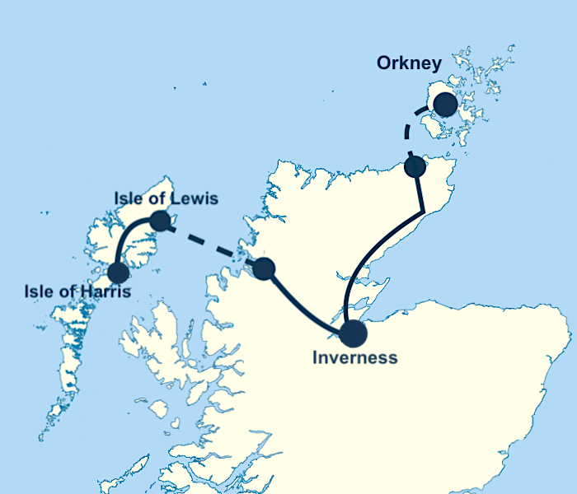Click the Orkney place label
[409, 63]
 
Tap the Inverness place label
[354, 358]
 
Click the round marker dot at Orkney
[445, 105]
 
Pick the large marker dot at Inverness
[353, 333]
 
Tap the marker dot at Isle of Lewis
[160, 221]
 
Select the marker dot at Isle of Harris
[118, 272]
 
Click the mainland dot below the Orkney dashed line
[415, 167]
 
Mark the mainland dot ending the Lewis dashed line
[264, 268]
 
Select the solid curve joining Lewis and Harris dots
[129, 239]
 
